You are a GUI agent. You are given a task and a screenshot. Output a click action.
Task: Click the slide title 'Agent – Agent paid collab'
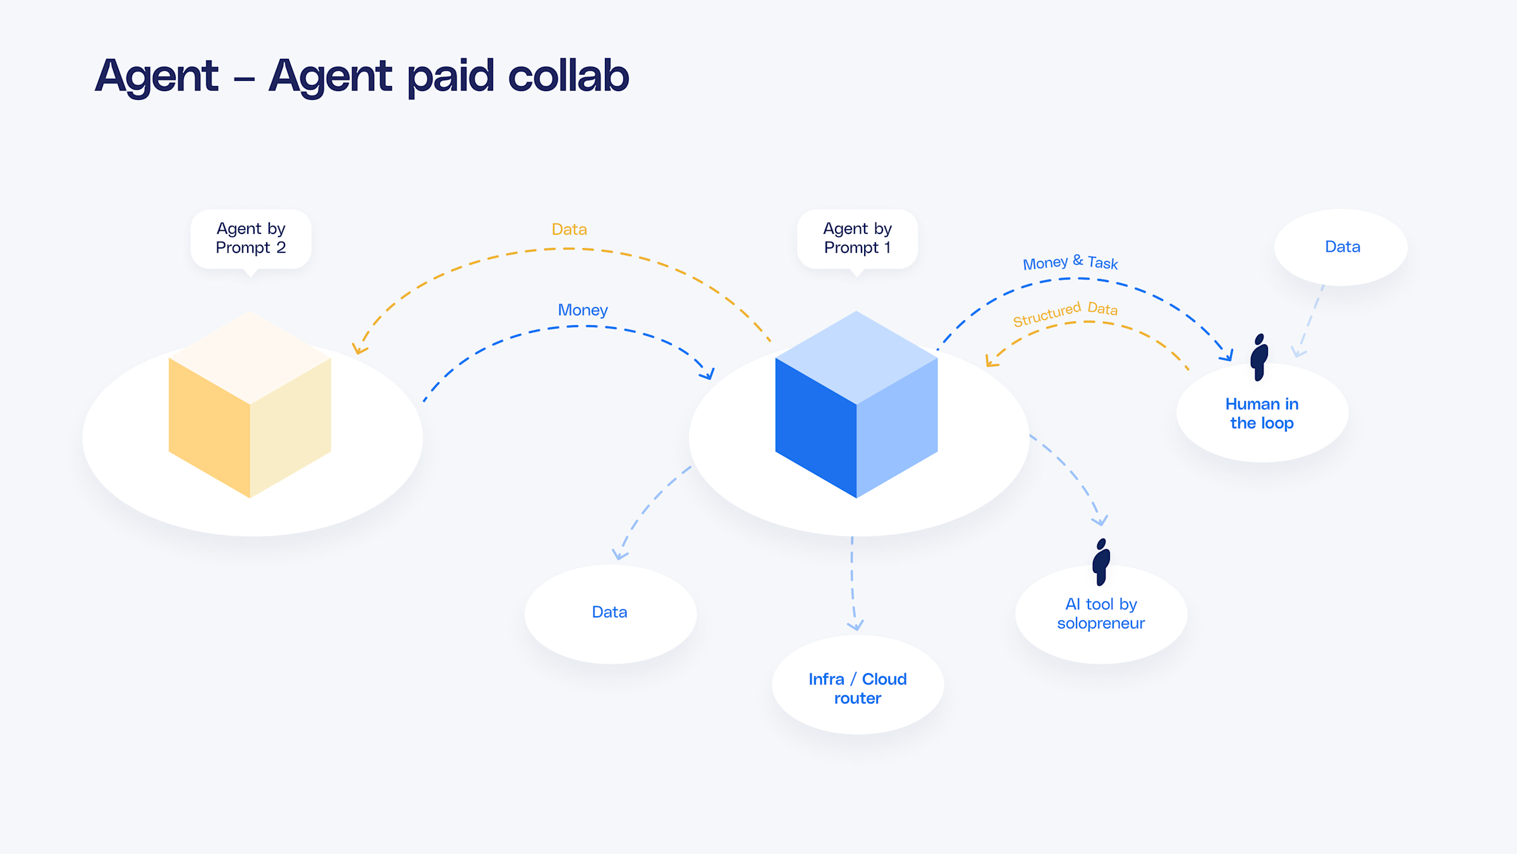tap(362, 76)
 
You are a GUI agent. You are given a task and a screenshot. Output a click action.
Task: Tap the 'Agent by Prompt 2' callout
tap(251, 238)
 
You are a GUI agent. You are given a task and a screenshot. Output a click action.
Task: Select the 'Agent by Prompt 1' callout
tap(857, 238)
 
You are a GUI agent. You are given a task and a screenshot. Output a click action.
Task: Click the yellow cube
tap(250, 405)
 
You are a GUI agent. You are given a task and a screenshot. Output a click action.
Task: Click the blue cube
tap(856, 405)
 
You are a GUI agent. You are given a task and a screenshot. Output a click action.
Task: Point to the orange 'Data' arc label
tap(569, 230)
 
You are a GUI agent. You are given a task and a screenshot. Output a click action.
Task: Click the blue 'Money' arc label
tap(582, 310)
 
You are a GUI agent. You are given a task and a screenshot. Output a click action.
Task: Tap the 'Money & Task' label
tap(1070, 263)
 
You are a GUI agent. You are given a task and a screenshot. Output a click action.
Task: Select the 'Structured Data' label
tap(1065, 313)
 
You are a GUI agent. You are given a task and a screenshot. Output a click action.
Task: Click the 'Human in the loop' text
tap(1262, 414)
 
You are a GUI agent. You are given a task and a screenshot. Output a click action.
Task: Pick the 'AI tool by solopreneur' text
tap(1101, 614)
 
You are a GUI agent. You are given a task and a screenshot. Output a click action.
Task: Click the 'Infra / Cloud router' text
tap(858, 688)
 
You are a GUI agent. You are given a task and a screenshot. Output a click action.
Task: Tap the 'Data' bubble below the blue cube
tap(610, 612)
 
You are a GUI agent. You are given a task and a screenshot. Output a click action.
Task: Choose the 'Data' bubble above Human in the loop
tap(1342, 247)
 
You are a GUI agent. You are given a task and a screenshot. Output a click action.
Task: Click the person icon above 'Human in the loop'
tap(1259, 357)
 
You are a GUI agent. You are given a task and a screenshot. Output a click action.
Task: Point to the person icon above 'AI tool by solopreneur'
tap(1101, 562)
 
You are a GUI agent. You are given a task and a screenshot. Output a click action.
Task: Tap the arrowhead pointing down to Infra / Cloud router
tap(855, 626)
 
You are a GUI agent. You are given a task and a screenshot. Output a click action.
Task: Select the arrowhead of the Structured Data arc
tap(990, 362)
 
